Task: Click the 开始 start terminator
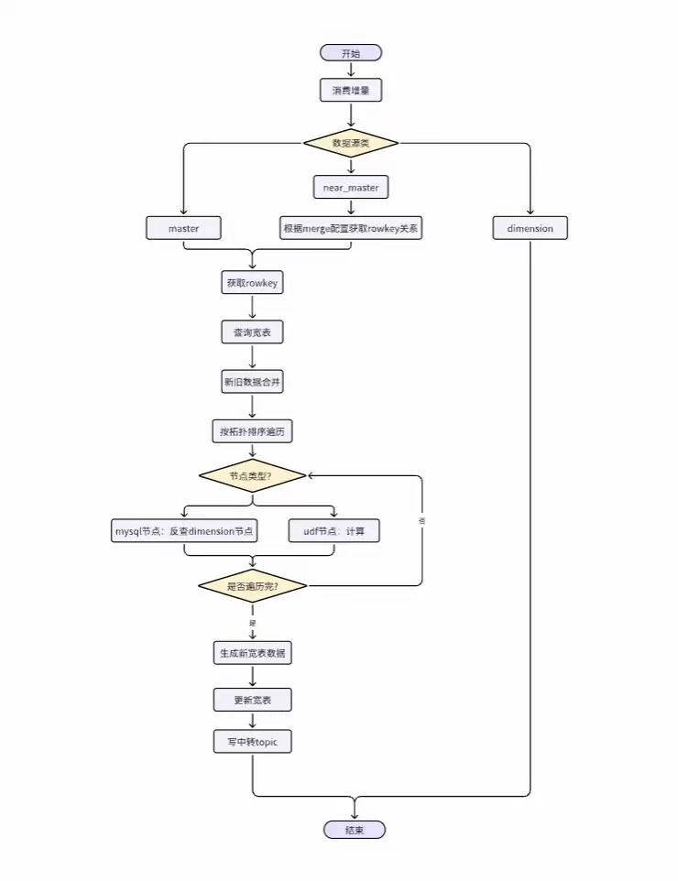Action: (x=351, y=53)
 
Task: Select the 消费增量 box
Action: (x=351, y=90)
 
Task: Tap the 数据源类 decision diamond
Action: (x=351, y=143)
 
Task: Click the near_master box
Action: (x=351, y=187)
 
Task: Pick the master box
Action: (x=184, y=228)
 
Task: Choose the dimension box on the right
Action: (x=530, y=228)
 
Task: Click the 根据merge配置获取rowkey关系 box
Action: (x=351, y=228)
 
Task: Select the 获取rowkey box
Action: (x=252, y=283)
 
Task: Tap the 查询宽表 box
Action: (x=252, y=332)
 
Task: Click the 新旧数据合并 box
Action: (x=252, y=382)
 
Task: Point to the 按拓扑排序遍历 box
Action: (x=252, y=430)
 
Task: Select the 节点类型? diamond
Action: (x=252, y=476)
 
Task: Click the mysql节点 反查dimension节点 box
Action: (x=184, y=531)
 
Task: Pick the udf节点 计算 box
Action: (x=334, y=531)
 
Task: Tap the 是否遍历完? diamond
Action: (x=252, y=585)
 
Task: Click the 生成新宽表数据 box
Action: (x=252, y=653)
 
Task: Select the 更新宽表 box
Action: (x=252, y=701)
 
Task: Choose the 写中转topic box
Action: (x=252, y=742)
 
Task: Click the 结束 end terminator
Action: (x=355, y=830)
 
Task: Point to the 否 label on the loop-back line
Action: (x=421, y=520)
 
